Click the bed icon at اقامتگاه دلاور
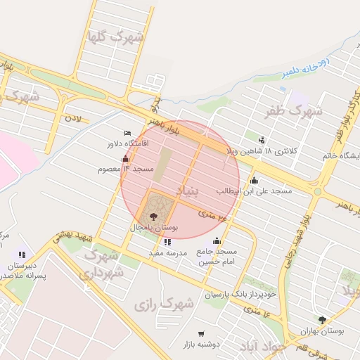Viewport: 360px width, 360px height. [127, 133]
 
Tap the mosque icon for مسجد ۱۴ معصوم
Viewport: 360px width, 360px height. [126, 159]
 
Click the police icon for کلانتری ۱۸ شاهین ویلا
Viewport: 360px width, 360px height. [262, 140]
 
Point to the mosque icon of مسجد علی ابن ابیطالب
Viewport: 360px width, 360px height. [254, 181]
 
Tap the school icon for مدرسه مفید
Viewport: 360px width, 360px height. [167, 242]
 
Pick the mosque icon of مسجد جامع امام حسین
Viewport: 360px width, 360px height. [217, 241]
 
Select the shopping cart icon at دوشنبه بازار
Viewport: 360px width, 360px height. [202, 333]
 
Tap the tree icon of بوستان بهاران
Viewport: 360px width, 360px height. [322, 320]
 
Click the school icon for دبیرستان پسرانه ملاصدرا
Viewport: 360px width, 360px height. [22, 255]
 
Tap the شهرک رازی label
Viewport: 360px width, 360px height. [164, 304]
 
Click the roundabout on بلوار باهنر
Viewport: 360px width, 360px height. [318, 191]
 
